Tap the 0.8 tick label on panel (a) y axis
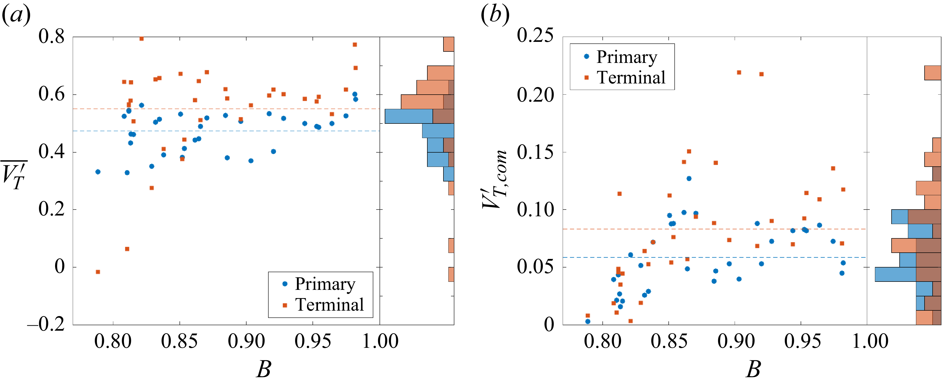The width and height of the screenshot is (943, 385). point(51,37)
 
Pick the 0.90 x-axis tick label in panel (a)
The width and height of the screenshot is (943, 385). point(246,341)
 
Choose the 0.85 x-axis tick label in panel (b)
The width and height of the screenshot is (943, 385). point(669,341)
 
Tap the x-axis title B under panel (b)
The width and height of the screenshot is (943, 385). point(753,369)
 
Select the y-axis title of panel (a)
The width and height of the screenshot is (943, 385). point(14,175)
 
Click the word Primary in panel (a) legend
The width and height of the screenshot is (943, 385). point(325,284)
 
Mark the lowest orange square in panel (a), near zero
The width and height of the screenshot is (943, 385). point(98,272)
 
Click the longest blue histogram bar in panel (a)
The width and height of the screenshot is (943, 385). point(409,116)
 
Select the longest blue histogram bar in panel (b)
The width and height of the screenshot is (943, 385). point(895,274)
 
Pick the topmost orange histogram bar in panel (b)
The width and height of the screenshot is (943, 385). point(932,73)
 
